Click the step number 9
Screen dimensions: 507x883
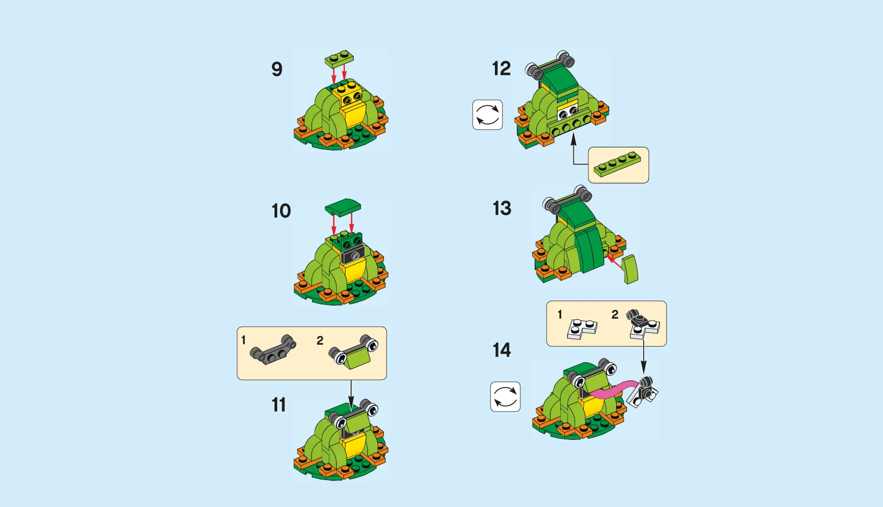point(277,69)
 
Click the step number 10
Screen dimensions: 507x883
point(281,211)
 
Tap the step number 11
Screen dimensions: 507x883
point(279,405)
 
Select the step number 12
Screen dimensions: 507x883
point(501,69)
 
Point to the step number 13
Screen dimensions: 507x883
point(502,208)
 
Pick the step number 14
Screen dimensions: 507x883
point(501,350)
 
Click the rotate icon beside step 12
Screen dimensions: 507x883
point(487,115)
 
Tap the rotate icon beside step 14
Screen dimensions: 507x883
point(505,397)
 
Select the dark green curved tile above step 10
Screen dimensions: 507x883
point(343,207)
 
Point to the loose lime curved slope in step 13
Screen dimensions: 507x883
point(630,269)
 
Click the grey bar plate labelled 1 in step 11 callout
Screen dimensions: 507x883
point(273,350)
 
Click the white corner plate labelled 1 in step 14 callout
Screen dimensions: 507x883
point(582,329)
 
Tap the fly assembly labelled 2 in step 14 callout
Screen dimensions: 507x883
point(643,324)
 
